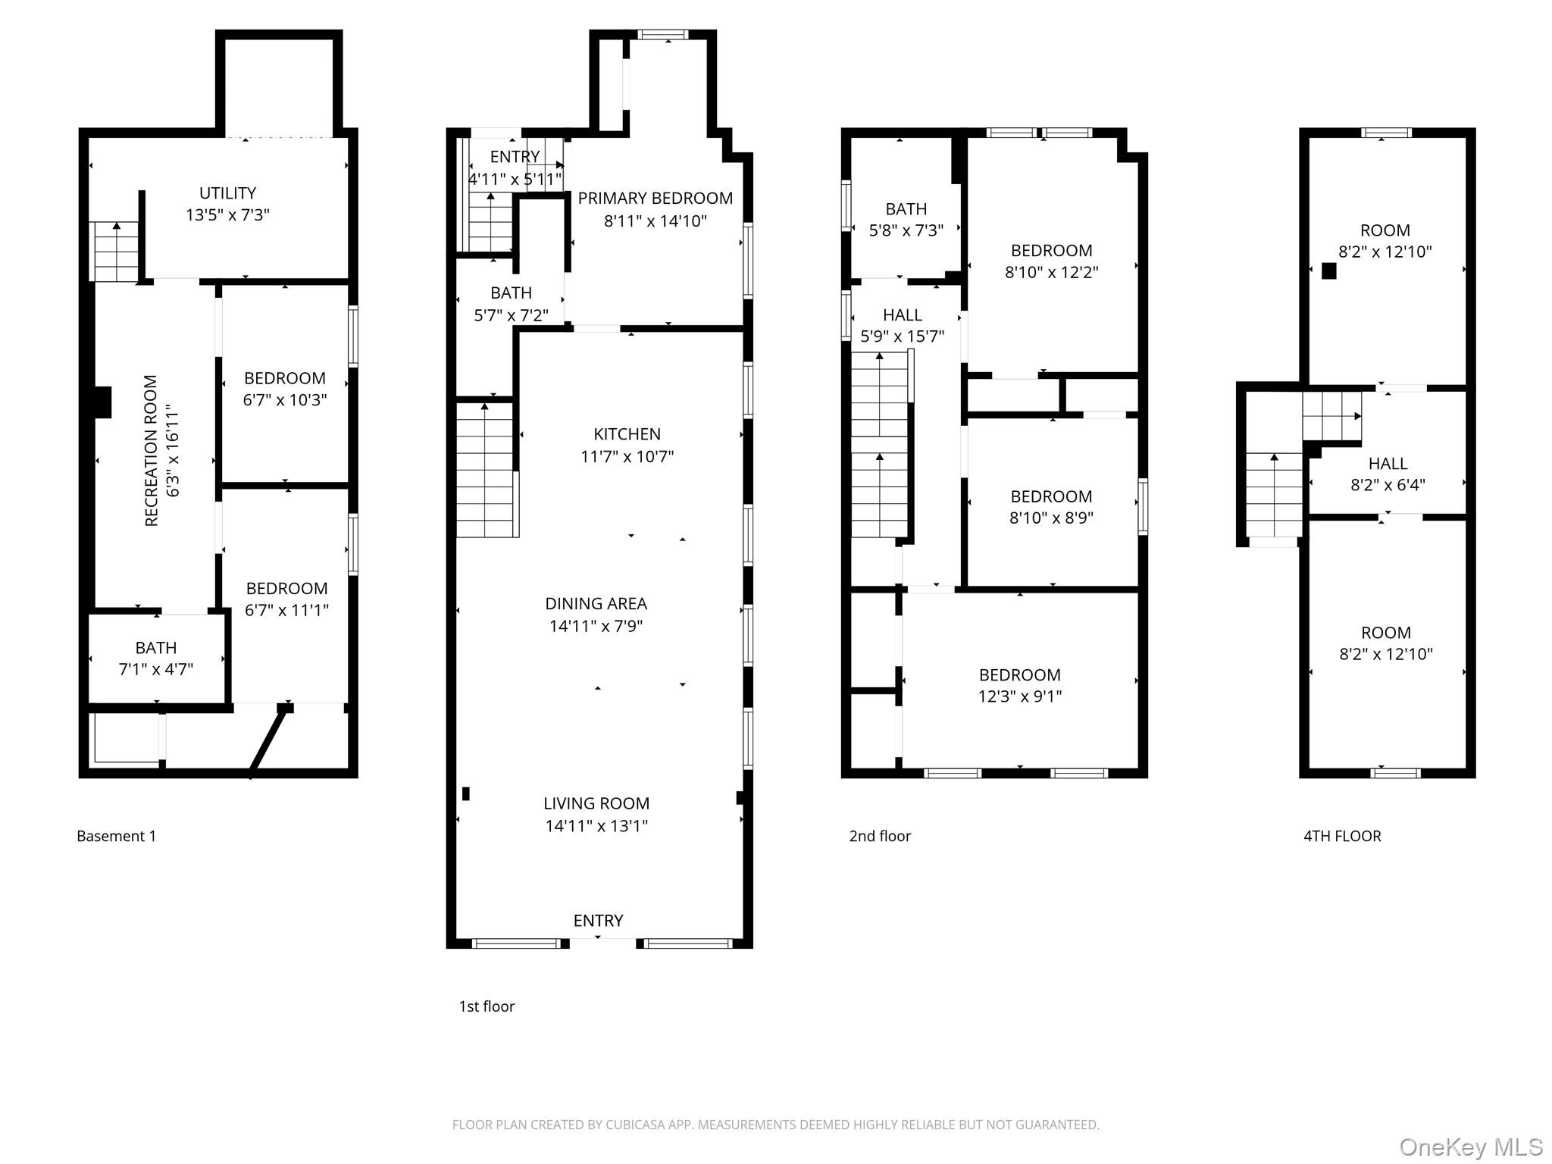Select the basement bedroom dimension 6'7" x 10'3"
(285, 399)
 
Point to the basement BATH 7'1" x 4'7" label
(156, 659)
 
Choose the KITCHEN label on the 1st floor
(627, 434)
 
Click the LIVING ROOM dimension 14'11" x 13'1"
(596, 825)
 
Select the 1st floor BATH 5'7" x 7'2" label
(511, 304)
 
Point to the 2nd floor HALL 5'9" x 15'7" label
(902, 326)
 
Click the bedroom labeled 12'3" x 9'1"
(1019, 686)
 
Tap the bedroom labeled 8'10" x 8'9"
(1051, 507)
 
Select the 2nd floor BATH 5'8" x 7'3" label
(906, 220)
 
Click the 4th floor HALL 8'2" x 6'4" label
(1388, 474)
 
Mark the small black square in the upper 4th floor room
(1328, 271)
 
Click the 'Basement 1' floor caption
(116, 836)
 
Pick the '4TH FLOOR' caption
(1342, 836)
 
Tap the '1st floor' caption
(487, 1006)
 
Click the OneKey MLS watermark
(1470, 1147)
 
